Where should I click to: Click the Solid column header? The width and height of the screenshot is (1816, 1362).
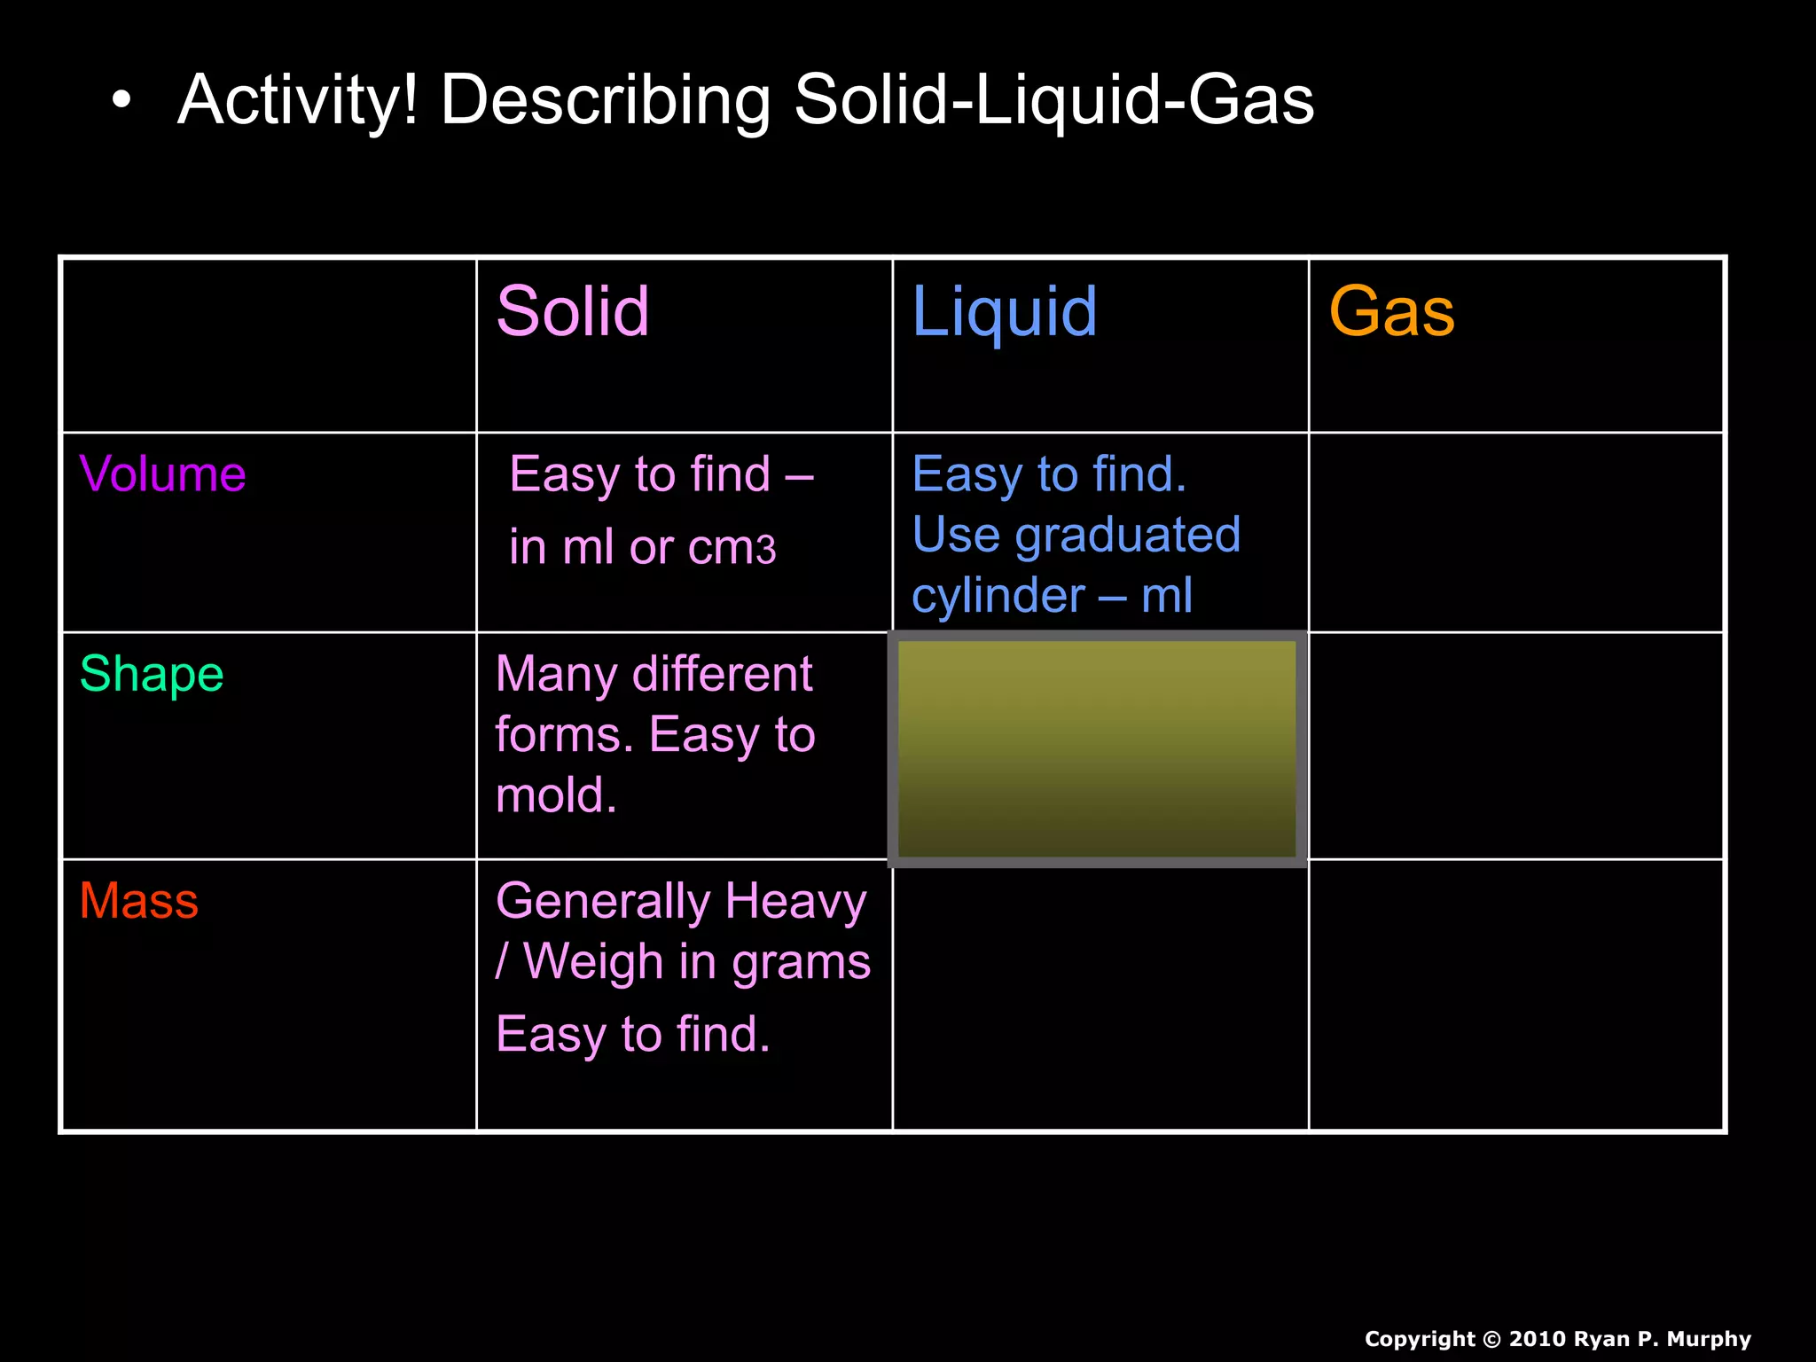573,312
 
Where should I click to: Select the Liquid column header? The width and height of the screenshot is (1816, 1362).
1005,312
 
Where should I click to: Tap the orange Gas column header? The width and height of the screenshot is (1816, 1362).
1391,312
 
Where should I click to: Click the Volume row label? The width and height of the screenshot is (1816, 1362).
162,474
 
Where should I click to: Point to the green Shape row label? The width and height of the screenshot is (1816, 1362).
152,674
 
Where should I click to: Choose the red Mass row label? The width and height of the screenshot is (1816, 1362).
139,901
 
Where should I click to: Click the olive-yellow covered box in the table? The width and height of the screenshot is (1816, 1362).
1097,748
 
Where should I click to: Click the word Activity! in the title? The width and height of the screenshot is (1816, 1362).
297,99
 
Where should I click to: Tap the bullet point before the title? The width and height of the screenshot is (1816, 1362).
121,101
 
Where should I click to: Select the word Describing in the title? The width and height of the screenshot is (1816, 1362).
606,101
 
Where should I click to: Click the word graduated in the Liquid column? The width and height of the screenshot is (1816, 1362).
1127,536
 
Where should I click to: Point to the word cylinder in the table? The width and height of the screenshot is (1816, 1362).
998,596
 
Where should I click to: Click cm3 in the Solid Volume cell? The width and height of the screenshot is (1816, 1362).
732,548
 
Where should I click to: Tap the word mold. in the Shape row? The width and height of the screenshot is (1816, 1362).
556,795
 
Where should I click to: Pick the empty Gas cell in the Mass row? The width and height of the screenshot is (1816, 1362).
1515,994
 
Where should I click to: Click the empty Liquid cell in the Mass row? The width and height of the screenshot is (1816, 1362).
1100,994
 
